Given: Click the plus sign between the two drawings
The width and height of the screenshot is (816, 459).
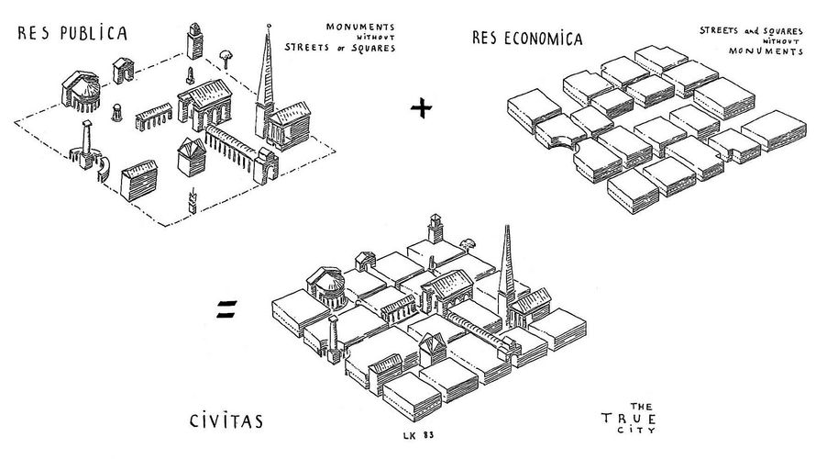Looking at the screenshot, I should coord(421,109).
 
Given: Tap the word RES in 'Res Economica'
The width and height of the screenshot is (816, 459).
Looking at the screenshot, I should coord(484,39).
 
